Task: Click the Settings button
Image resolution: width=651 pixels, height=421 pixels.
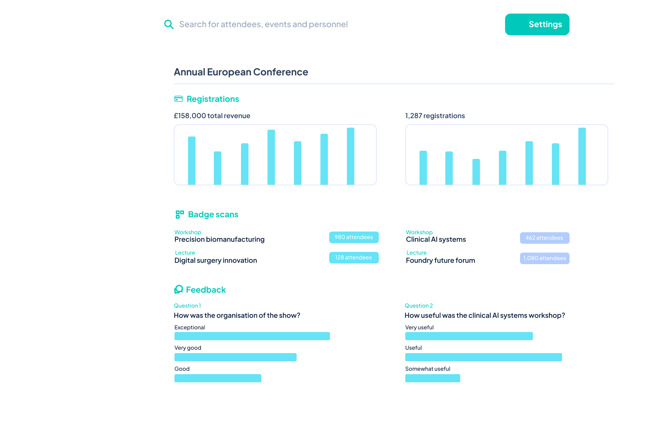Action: click(x=537, y=24)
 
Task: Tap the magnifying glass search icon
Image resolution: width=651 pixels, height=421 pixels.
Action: click(x=169, y=24)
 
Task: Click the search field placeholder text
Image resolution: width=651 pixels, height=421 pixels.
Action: click(x=263, y=24)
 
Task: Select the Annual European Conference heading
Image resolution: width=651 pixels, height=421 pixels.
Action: click(x=241, y=72)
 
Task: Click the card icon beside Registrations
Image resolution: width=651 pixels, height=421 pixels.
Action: click(x=178, y=99)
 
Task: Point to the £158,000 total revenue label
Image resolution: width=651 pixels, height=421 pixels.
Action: click(x=212, y=116)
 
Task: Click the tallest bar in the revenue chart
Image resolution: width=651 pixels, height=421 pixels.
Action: click(x=350, y=156)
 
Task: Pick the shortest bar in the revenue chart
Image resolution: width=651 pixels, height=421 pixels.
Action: click(x=218, y=168)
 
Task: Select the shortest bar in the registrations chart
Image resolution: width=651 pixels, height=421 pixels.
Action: click(x=476, y=172)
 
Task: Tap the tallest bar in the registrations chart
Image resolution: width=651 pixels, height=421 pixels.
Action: click(x=582, y=156)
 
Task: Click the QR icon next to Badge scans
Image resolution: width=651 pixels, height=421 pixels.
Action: click(x=180, y=214)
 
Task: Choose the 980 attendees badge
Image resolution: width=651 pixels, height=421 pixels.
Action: click(x=354, y=237)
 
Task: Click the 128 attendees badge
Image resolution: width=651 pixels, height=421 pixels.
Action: click(x=354, y=258)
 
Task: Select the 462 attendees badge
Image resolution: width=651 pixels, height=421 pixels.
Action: click(x=544, y=238)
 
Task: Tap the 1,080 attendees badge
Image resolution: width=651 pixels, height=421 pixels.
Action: click(x=544, y=258)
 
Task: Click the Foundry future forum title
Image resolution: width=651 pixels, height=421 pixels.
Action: click(x=440, y=260)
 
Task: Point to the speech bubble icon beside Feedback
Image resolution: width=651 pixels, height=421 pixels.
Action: click(x=179, y=289)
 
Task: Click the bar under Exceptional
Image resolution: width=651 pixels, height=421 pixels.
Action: click(x=252, y=336)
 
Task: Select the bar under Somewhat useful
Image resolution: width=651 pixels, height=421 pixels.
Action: click(x=432, y=378)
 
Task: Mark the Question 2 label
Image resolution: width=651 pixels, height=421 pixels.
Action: click(x=418, y=306)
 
